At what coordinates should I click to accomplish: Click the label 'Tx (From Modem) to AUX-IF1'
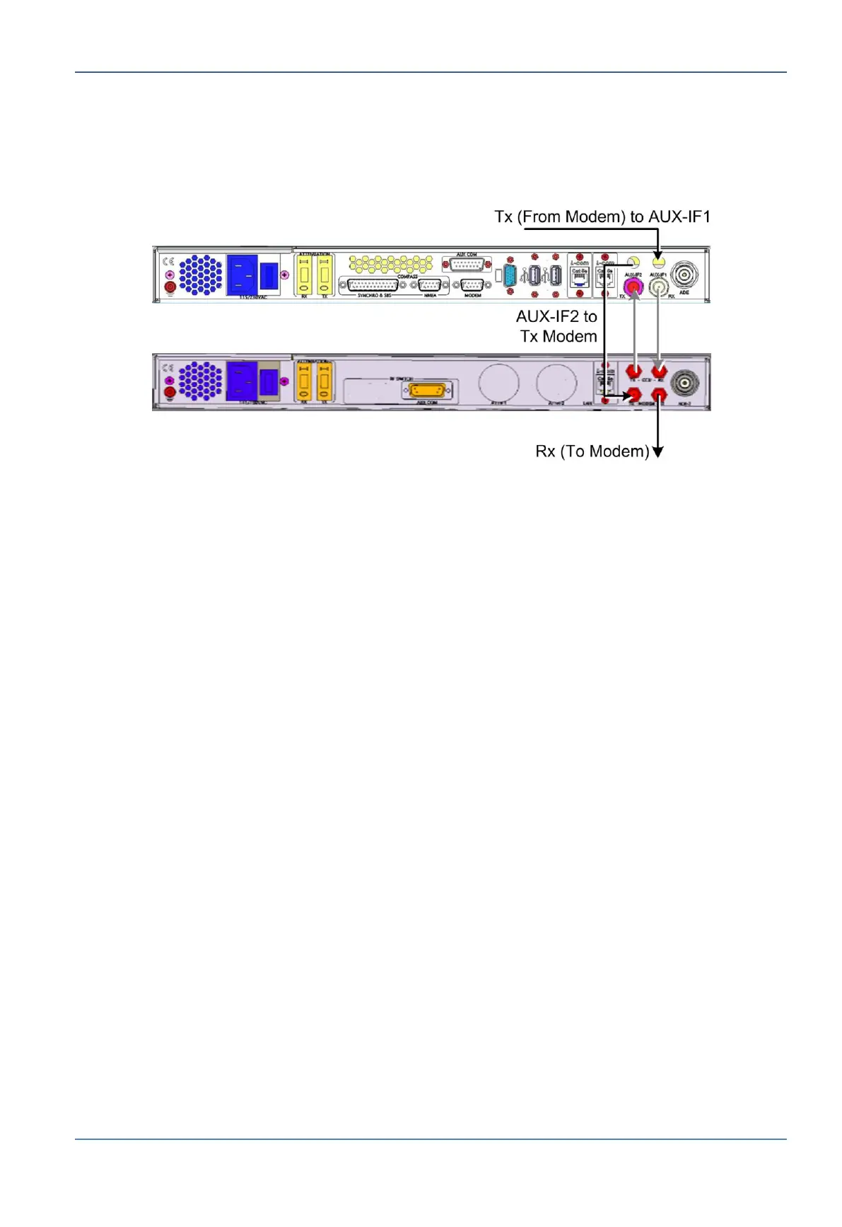[602, 217]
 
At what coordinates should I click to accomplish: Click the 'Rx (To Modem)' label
[592, 451]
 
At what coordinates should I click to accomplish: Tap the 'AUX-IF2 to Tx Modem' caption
[557, 326]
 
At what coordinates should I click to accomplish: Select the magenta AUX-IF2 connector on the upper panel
[632, 287]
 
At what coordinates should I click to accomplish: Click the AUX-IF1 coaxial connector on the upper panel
[659, 287]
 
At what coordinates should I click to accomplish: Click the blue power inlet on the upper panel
[242, 275]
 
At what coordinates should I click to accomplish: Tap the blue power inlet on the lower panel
[242, 381]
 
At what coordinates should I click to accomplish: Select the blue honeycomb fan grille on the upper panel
[200, 275]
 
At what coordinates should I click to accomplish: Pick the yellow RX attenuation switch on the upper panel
[305, 275]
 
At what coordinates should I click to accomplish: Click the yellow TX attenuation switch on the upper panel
[324, 275]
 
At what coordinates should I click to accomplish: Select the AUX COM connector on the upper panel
[466, 265]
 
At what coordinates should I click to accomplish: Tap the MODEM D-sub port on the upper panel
[472, 286]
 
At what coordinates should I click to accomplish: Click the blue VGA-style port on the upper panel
[509, 275]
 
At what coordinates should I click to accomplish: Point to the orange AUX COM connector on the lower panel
[428, 391]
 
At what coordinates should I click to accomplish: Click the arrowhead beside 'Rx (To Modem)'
[658, 452]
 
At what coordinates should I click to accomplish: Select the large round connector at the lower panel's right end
[684, 384]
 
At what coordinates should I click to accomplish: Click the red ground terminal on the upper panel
[170, 287]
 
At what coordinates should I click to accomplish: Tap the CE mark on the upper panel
[168, 262]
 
